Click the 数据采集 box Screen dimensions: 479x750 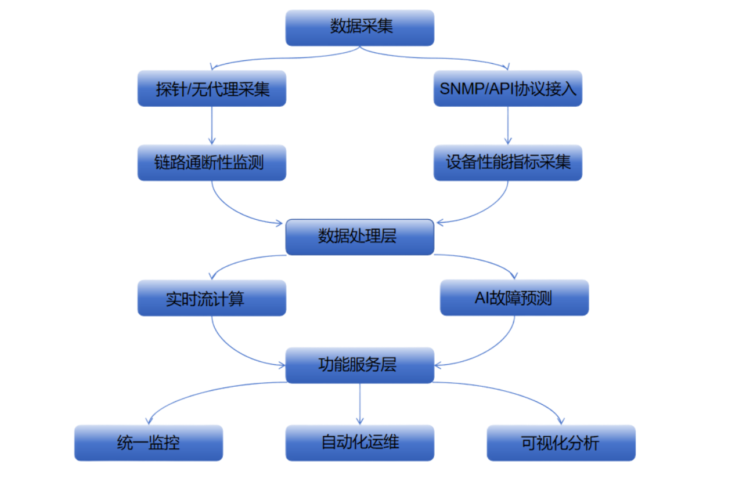point(360,27)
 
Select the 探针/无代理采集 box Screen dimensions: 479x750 point(212,89)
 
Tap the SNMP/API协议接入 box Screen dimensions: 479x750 point(508,89)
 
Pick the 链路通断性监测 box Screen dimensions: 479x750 point(212,162)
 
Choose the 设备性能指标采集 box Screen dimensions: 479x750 point(508,162)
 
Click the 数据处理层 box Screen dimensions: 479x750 point(359,237)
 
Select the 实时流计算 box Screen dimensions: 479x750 point(212,298)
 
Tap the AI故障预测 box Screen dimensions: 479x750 point(514,298)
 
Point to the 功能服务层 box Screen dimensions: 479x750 point(359,365)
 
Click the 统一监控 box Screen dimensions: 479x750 point(149,443)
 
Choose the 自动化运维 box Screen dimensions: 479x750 point(360,442)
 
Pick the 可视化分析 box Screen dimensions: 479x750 point(561,443)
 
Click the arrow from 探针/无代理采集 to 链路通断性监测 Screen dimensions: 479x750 point(212,125)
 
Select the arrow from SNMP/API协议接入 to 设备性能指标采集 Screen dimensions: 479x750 point(508,125)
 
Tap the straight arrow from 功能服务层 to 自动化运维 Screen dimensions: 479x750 point(360,403)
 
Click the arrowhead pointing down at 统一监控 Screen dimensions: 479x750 point(149,419)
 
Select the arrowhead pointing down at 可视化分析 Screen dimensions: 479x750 point(561,419)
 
